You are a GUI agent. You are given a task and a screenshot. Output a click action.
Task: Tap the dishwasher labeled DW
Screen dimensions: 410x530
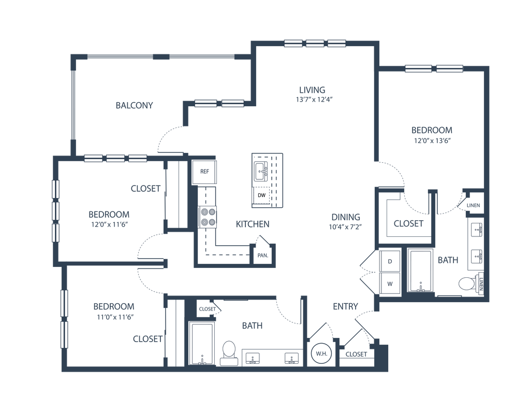(x=261, y=195)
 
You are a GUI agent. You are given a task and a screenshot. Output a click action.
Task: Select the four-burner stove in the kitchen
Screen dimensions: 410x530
(x=208, y=217)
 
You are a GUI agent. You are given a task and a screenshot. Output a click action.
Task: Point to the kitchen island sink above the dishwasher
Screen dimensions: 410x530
(x=261, y=171)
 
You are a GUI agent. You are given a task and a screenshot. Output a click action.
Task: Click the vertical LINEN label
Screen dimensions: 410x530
(x=481, y=284)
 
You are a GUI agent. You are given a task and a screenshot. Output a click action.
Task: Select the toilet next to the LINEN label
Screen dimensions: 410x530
(x=467, y=284)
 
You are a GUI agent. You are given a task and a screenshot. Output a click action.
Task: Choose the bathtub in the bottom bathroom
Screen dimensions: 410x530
(x=202, y=344)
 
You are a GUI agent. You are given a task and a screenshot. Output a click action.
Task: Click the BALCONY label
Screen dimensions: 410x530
(x=134, y=106)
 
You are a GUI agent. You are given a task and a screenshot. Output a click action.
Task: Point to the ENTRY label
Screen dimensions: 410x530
(x=345, y=306)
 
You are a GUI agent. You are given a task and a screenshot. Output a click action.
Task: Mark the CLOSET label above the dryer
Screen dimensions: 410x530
(x=408, y=224)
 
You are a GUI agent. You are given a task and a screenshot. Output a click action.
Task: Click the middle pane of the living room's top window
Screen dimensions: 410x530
(x=315, y=44)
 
